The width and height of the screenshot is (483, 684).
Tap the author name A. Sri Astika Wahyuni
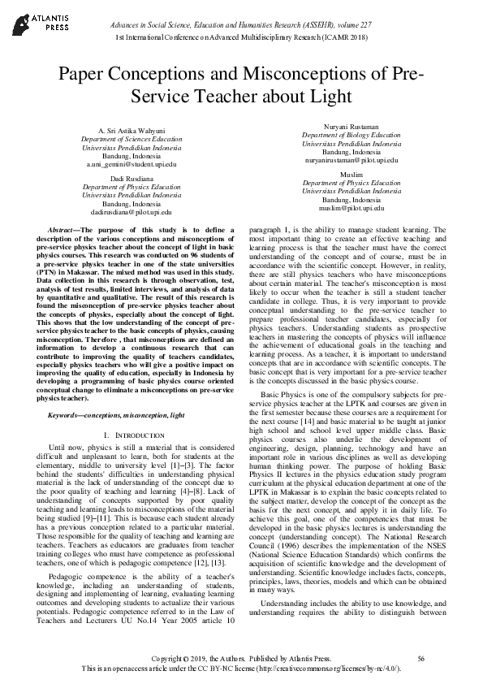tap(132, 131)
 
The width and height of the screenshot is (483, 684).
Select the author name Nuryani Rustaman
tap(351, 128)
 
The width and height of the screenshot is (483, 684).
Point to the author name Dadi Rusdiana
tap(132, 178)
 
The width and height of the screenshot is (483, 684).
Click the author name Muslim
tap(351, 175)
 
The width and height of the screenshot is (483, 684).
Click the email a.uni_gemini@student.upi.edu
tap(132, 163)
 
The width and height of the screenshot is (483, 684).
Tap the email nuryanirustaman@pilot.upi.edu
tap(351, 160)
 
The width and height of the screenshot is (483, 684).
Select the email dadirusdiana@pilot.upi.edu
tap(132, 211)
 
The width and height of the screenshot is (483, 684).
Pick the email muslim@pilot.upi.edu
tap(351, 208)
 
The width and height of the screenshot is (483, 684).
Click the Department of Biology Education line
tap(351, 136)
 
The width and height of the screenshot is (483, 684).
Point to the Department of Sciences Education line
tap(132, 139)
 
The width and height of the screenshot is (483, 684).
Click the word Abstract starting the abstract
tap(64, 231)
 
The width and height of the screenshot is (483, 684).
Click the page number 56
tap(420, 658)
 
